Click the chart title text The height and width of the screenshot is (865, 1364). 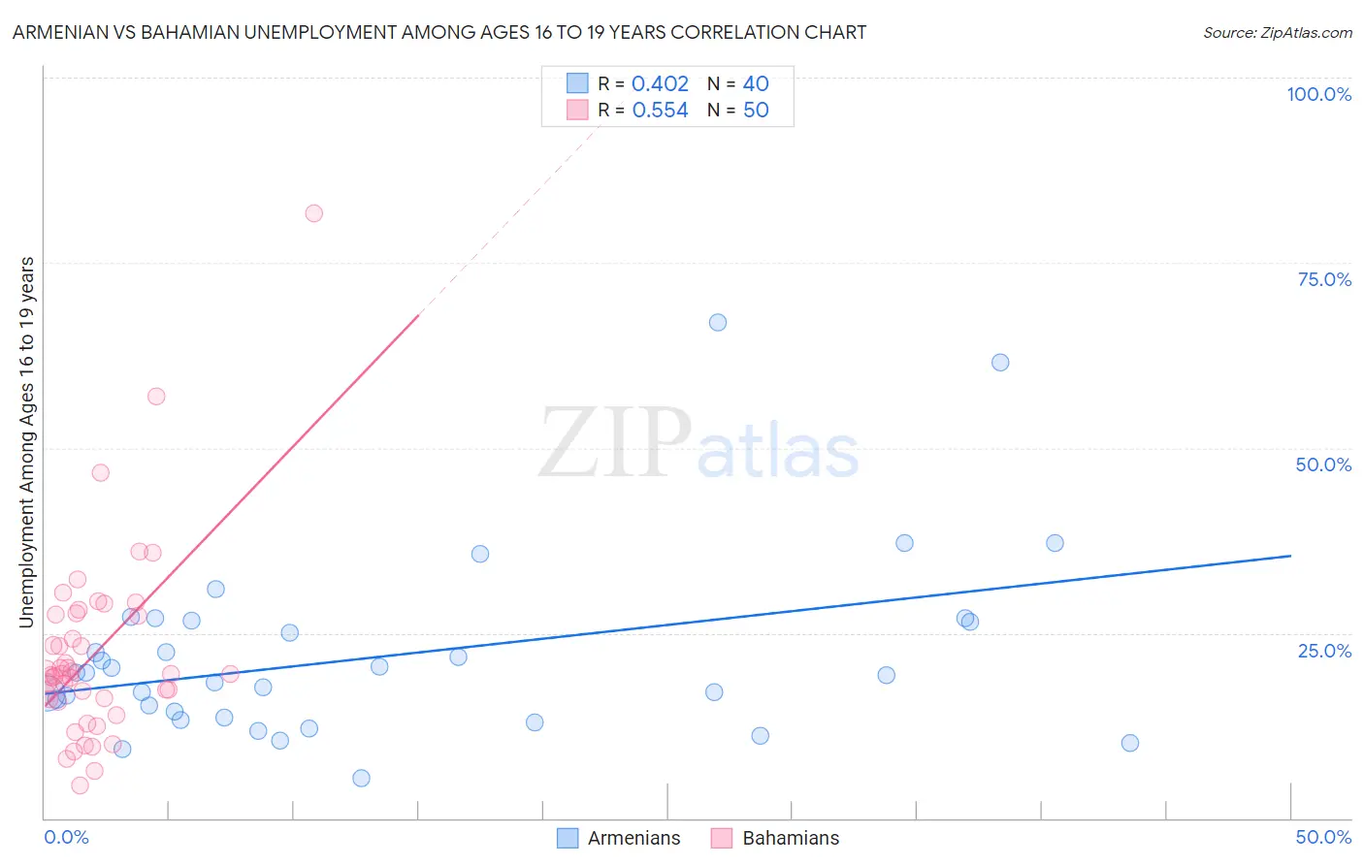[x=439, y=32]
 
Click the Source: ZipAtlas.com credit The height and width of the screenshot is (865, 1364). [x=1277, y=32]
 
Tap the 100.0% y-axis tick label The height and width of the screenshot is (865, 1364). [x=1318, y=94]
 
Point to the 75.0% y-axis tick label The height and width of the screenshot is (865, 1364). [x=1324, y=279]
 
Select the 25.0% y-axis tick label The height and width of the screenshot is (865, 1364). [x=1324, y=650]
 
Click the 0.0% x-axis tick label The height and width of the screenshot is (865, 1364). [x=66, y=837]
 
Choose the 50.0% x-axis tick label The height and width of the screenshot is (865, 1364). [x=1323, y=837]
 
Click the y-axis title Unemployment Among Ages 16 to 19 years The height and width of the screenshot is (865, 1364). [x=27, y=441]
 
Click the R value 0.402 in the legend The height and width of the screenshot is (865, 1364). [x=660, y=84]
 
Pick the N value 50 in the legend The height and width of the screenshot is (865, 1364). [x=756, y=111]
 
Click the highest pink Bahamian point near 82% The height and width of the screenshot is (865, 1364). [x=313, y=213]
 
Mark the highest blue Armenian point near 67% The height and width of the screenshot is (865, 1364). [x=718, y=323]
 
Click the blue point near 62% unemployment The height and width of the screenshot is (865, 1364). [x=1000, y=363]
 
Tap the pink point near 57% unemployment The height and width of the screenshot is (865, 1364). [x=156, y=397]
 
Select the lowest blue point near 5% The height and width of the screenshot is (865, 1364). [x=361, y=778]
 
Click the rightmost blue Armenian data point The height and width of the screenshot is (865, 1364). [x=1129, y=743]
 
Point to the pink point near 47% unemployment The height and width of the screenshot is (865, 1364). [x=100, y=473]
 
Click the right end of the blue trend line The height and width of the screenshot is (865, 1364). [x=1290, y=556]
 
